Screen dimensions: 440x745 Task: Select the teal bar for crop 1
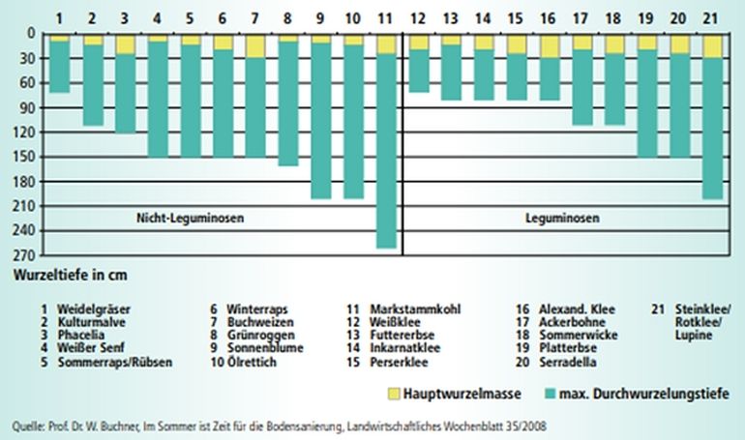tap(60, 67)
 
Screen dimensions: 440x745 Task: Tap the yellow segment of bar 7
tap(255, 45)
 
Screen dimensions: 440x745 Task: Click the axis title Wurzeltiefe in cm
tap(70, 275)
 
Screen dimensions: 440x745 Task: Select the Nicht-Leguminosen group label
tap(189, 219)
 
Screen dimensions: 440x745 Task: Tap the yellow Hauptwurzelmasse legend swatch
tap(394, 394)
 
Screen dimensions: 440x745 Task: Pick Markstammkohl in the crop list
tap(416, 308)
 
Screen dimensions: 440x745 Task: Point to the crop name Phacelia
tap(79, 335)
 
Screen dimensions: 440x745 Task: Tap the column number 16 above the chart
tap(549, 18)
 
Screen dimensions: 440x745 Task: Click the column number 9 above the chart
tap(320, 18)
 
